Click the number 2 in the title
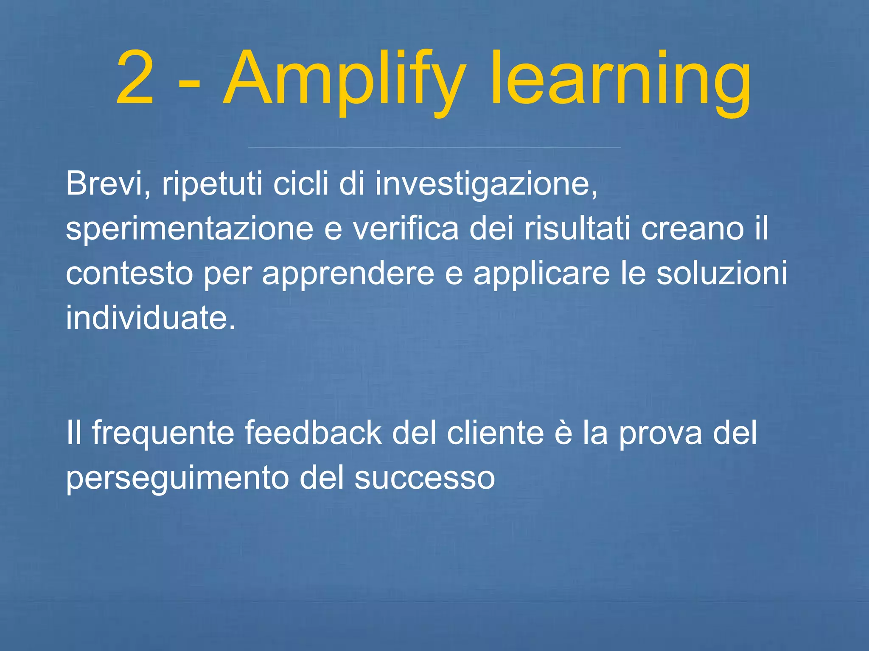135,78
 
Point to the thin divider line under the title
434,147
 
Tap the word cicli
301,184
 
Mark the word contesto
129,274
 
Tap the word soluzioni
722,274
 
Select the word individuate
151,318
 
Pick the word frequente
163,433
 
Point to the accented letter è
563,433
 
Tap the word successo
425,478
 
